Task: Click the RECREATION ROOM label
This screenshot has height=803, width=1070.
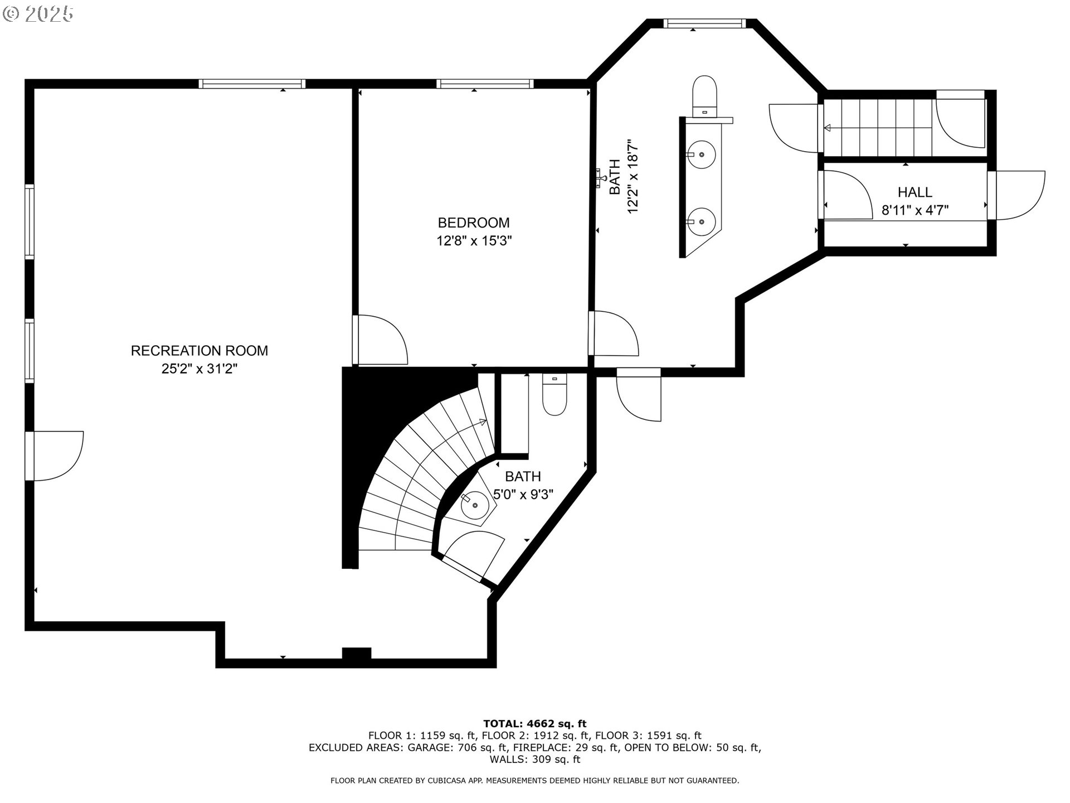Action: pos(199,351)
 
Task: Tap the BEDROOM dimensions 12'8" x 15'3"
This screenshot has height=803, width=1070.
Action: pos(474,241)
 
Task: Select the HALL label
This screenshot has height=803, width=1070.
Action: pos(915,192)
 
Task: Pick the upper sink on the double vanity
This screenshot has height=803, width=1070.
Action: pos(701,153)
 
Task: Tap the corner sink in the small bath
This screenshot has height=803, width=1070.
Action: pos(475,505)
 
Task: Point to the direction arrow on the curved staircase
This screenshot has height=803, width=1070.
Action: pos(481,423)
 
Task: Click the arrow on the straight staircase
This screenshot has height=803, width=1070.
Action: pos(828,128)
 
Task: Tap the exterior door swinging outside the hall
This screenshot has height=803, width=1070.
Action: pos(1019,195)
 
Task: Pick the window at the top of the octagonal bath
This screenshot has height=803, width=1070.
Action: pos(704,23)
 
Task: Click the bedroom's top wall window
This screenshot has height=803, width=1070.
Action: pos(484,84)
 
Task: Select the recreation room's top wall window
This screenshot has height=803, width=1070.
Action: pos(252,84)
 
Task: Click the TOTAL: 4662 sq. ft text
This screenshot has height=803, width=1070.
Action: pos(534,724)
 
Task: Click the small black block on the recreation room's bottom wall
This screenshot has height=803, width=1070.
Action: pos(356,653)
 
